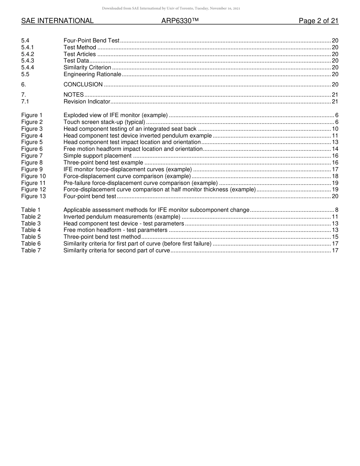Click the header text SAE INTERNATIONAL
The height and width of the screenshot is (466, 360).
57,21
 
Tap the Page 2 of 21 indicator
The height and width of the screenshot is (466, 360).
318,21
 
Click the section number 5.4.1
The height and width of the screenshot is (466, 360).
28,47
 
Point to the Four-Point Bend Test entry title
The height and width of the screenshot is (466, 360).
91,41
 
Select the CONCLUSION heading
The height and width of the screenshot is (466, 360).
83,84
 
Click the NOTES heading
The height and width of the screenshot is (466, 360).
74,95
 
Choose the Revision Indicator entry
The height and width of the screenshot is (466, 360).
87,102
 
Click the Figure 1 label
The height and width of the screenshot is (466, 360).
32,115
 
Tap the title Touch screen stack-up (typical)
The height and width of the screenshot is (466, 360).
104,122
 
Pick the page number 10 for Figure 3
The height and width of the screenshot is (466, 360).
335,129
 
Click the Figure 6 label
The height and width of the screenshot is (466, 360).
32,149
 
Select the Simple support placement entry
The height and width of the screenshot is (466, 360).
97,156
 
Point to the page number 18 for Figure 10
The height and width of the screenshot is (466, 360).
335,176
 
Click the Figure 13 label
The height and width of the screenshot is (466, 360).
33,196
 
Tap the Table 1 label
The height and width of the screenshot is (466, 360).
31,210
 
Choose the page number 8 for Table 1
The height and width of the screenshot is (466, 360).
337,210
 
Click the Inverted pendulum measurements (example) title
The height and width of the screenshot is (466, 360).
122,217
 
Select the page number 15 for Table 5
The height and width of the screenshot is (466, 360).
335,237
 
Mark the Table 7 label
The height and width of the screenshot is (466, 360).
31,250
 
